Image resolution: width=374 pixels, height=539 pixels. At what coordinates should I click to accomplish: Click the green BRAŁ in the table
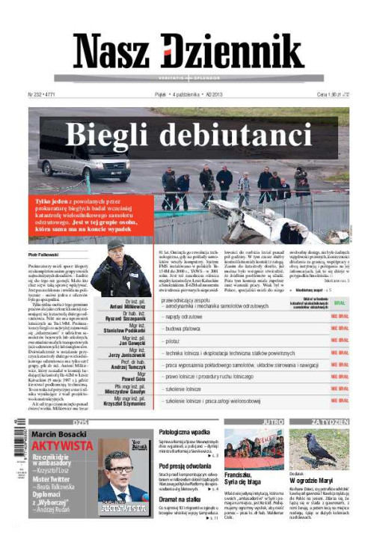click(x=339, y=304)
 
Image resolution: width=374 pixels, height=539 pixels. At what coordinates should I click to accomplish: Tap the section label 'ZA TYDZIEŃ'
click(x=330, y=422)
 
